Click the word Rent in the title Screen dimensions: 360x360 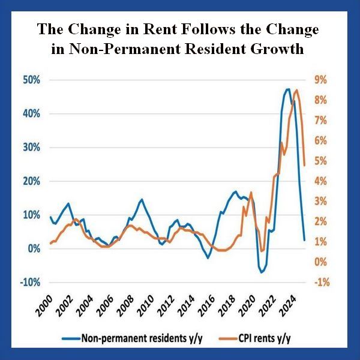point(172,29)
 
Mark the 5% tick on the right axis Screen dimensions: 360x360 point(318,161)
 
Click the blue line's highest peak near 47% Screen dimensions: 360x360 point(287,89)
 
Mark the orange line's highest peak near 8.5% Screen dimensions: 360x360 point(296,91)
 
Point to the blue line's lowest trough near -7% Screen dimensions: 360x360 point(262,272)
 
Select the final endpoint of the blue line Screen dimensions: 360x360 point(305,240)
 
